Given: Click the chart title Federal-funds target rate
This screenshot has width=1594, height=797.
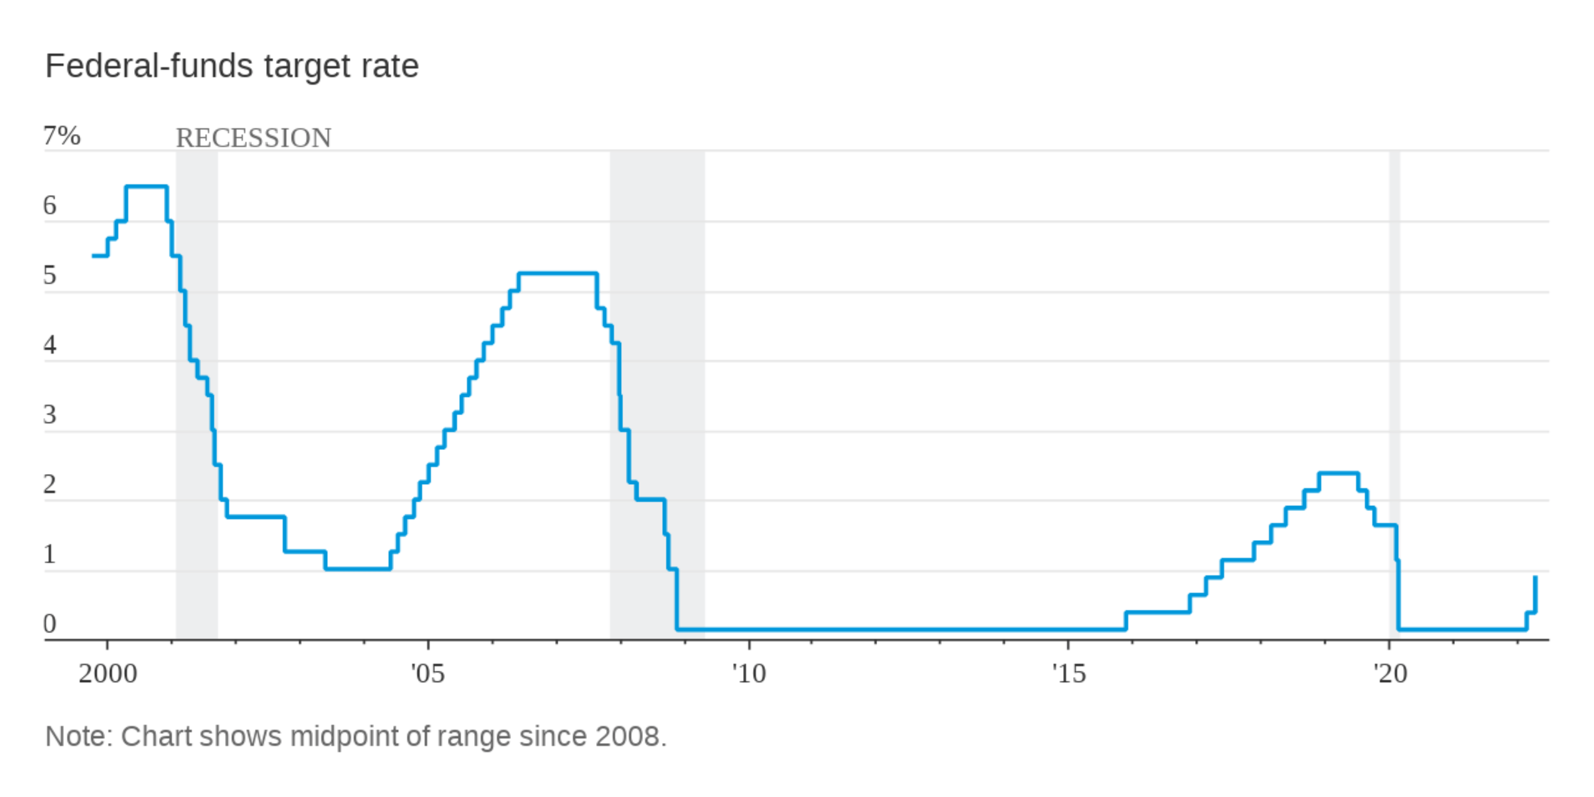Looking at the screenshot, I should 232,66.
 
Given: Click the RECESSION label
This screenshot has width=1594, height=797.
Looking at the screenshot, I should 253,138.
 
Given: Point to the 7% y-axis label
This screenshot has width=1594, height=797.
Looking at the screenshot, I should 62,136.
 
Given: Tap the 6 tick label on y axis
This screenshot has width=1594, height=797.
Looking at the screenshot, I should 50,205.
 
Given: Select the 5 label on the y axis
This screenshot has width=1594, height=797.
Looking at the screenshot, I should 50,275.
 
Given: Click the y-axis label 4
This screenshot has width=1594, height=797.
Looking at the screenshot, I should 50,345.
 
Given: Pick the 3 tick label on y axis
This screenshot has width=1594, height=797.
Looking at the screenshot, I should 50,415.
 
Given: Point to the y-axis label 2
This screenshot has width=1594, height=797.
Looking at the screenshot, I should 50,484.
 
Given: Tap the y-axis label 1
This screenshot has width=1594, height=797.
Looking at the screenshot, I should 50,554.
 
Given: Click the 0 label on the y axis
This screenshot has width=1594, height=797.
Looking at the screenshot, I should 50,624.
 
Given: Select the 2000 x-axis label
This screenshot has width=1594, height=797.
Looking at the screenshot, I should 108,674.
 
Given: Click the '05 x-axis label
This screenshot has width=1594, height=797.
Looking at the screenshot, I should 428,674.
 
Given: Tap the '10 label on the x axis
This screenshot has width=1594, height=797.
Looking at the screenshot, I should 748,674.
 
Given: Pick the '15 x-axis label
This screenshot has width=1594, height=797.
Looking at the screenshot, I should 1068,674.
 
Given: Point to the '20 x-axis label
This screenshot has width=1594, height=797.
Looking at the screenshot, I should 1390,674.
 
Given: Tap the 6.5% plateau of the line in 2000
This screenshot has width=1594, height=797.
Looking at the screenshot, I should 146,186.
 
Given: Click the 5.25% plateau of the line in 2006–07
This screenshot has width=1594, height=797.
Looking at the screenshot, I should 557,273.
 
